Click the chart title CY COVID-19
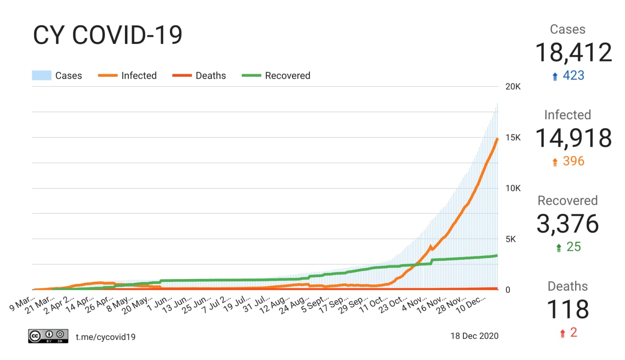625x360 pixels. tap(107, 36)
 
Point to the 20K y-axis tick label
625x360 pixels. tap(513, 87)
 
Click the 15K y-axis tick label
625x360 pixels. tap(513, 138)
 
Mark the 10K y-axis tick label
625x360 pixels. tap(513, 189)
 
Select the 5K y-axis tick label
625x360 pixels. tap(511, 239)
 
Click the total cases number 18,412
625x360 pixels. tap(573, 52)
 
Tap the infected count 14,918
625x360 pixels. tap(573, 138)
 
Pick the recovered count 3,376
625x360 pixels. tap(567, 224)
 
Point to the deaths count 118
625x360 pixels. tap(567, 309)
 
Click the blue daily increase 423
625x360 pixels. tap(573, 76)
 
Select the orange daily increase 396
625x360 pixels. tap(573, 161)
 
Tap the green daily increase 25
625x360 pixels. tap(573, 247)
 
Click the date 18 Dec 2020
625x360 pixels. tap(474, 336)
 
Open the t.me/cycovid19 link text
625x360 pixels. tap(105, 337)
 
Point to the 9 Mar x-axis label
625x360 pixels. tap(22, 302)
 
